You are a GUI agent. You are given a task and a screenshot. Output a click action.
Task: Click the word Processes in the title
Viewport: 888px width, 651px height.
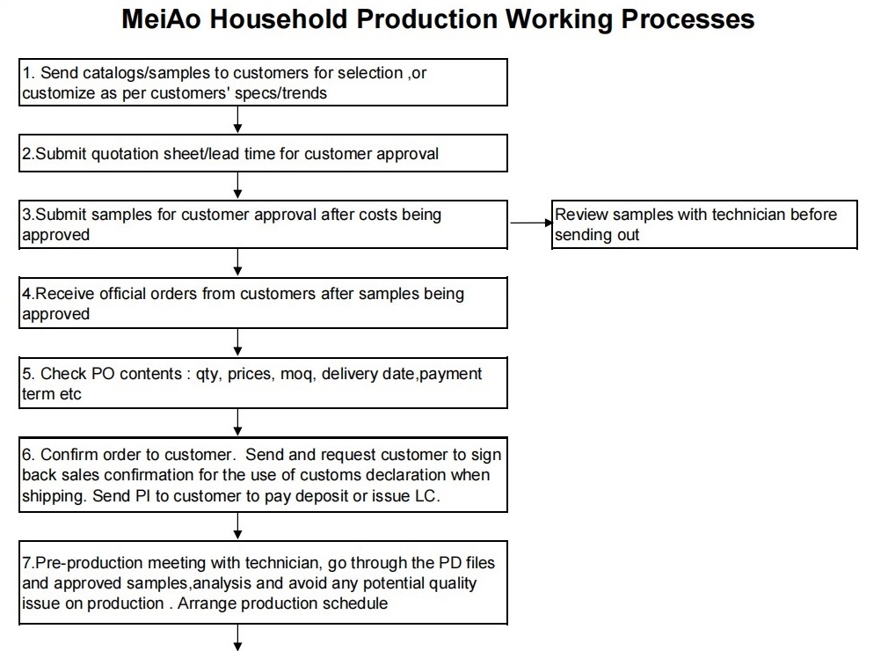click(688, 18)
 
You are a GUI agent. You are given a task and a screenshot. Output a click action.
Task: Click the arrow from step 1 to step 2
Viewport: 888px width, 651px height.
click(238, 120)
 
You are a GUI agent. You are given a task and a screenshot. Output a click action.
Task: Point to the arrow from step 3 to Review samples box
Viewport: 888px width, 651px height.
click(531, 223)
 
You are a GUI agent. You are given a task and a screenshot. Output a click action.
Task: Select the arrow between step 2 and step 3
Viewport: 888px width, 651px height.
click(238, 186)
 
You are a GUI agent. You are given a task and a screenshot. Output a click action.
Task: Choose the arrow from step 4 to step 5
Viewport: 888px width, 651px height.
click(238, 342)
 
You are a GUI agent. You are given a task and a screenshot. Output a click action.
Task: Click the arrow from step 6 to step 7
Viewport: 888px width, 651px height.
click(238, 526)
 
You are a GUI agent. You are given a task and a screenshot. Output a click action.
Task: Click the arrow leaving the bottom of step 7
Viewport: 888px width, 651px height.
click(238, 638)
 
